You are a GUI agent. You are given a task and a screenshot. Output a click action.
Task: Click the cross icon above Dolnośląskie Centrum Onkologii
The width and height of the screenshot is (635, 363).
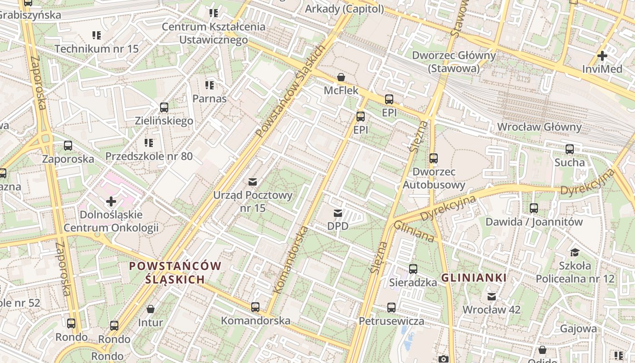click(x=111, y=201)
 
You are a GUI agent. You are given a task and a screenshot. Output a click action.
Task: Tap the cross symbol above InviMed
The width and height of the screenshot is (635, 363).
click(x=602, y=56)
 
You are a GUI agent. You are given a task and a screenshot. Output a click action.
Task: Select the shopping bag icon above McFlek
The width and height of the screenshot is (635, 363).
click(x=341, y=78)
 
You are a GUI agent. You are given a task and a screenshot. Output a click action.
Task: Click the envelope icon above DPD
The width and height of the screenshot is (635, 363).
click(x=337, y=213)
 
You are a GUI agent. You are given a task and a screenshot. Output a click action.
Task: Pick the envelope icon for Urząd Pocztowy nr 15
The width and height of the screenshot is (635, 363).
click(x=253, y=182)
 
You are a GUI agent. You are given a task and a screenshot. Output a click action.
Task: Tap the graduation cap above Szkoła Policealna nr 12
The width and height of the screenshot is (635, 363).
click(x=575, y=252)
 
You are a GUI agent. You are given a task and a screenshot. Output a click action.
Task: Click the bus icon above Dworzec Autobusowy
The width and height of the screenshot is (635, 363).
click(x=434, y=158)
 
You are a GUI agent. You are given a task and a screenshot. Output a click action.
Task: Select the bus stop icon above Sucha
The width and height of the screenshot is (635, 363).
click(x=569, y=149)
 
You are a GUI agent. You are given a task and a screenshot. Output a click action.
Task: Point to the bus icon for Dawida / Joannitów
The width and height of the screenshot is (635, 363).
click(x=534, y=208)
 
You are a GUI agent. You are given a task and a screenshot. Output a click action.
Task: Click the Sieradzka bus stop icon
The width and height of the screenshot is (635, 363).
click(x=413, y=269)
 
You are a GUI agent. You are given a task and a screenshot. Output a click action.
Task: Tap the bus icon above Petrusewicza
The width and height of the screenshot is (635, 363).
click(x=391, y=308)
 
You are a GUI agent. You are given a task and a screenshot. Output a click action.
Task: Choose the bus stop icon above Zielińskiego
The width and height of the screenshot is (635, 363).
click(x=164, y=108)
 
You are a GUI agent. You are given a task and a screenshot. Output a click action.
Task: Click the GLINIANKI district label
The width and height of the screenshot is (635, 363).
click(x=474, y=278)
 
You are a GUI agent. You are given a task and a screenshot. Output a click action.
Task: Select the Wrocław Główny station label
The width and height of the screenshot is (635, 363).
click(x=539, y=127)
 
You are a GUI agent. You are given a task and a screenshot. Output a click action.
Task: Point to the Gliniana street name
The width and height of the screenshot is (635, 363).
click(x=414, y=231)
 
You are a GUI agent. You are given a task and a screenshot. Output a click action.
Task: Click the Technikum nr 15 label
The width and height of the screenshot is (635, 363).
click(x=97, y=49)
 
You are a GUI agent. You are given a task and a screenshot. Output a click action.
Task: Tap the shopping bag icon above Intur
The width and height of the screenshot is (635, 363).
click(x=151, y=309)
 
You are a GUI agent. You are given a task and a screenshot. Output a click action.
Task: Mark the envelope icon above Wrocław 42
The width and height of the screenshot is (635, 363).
click(x=491, y=297)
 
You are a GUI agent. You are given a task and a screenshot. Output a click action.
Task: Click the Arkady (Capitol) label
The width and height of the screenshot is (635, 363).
click(x=344, y=9)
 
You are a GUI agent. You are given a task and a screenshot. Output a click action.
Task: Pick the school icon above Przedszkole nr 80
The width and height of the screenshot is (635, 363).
click(x=149, y=143)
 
